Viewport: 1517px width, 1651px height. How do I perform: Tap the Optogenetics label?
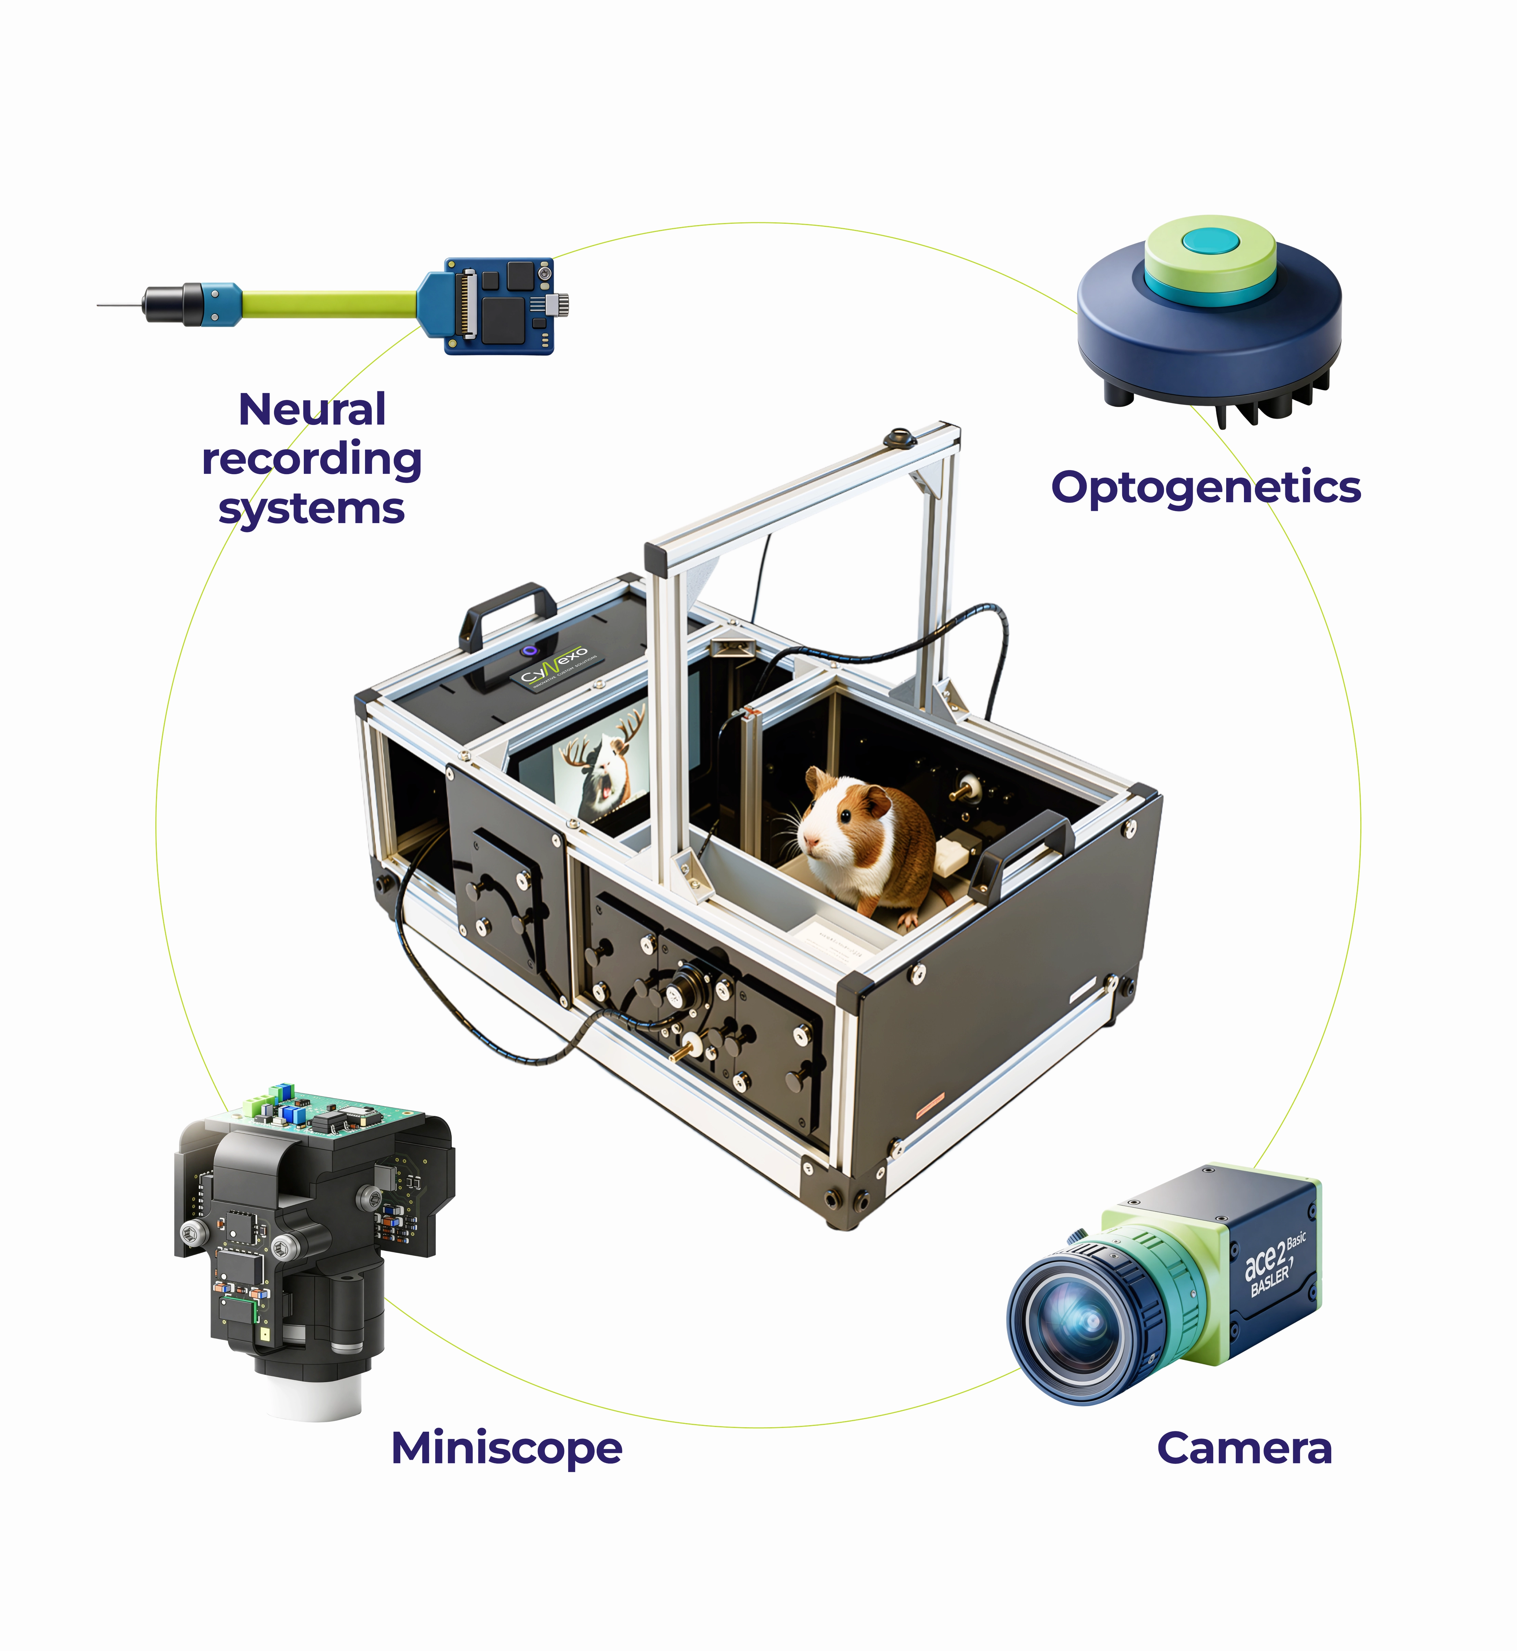coord(1205,487)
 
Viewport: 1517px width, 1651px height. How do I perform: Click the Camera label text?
coord(1244,1448)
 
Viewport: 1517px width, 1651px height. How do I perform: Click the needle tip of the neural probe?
coord(100,305)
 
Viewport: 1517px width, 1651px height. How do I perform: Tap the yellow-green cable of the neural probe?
coord(328,304)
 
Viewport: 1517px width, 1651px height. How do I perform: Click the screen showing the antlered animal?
coord(604,768)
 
